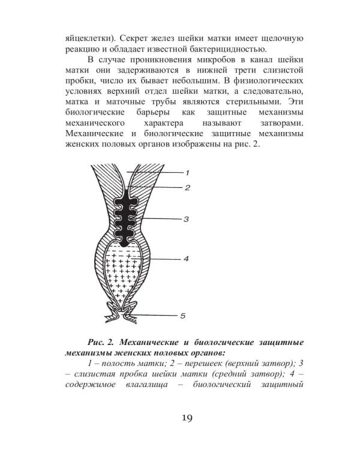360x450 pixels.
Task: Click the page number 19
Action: coord(180,417)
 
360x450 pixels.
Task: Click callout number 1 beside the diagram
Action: coord(187,173)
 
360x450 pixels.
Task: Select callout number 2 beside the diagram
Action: coord(187,188)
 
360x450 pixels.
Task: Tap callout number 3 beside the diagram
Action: coord(187,219)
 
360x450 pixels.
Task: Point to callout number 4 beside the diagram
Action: coord(186,259)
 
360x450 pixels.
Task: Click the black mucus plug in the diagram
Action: coord(126,216)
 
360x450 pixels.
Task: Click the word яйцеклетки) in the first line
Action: coord(88,38)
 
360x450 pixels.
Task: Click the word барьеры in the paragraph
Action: coord(149,113)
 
